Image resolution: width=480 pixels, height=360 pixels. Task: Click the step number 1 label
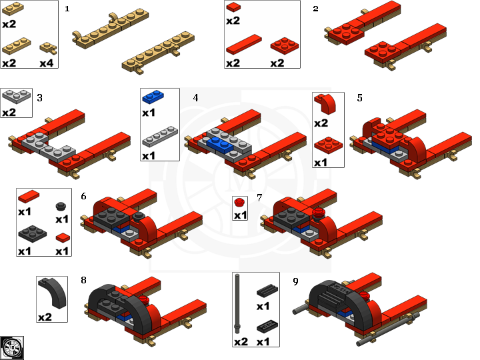click(x=67, y=9)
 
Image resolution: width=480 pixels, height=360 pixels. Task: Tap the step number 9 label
click(x=295, y=281)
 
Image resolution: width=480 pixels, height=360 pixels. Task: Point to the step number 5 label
click(x=359, y=97)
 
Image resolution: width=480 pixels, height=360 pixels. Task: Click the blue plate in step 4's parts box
click(x=153, y=98)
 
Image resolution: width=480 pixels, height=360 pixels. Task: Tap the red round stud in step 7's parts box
click(x=241, y=203)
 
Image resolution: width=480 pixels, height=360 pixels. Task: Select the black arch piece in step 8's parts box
click(x=53, y=292)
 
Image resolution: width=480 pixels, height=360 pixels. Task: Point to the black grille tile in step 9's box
click(x=266, y=290)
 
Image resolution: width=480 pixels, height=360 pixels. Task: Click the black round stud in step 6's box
click(x=61, y=206)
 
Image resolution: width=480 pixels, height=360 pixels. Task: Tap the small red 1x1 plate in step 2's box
click(x=233, y=8)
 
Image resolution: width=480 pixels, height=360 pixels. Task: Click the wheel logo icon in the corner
click(x=12, y=347)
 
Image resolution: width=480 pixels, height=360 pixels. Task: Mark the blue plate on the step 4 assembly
click(x=217, y=142)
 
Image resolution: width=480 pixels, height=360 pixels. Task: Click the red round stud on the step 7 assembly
click(x=319, y=213)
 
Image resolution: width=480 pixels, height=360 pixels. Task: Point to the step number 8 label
click(x=83, y=281)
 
